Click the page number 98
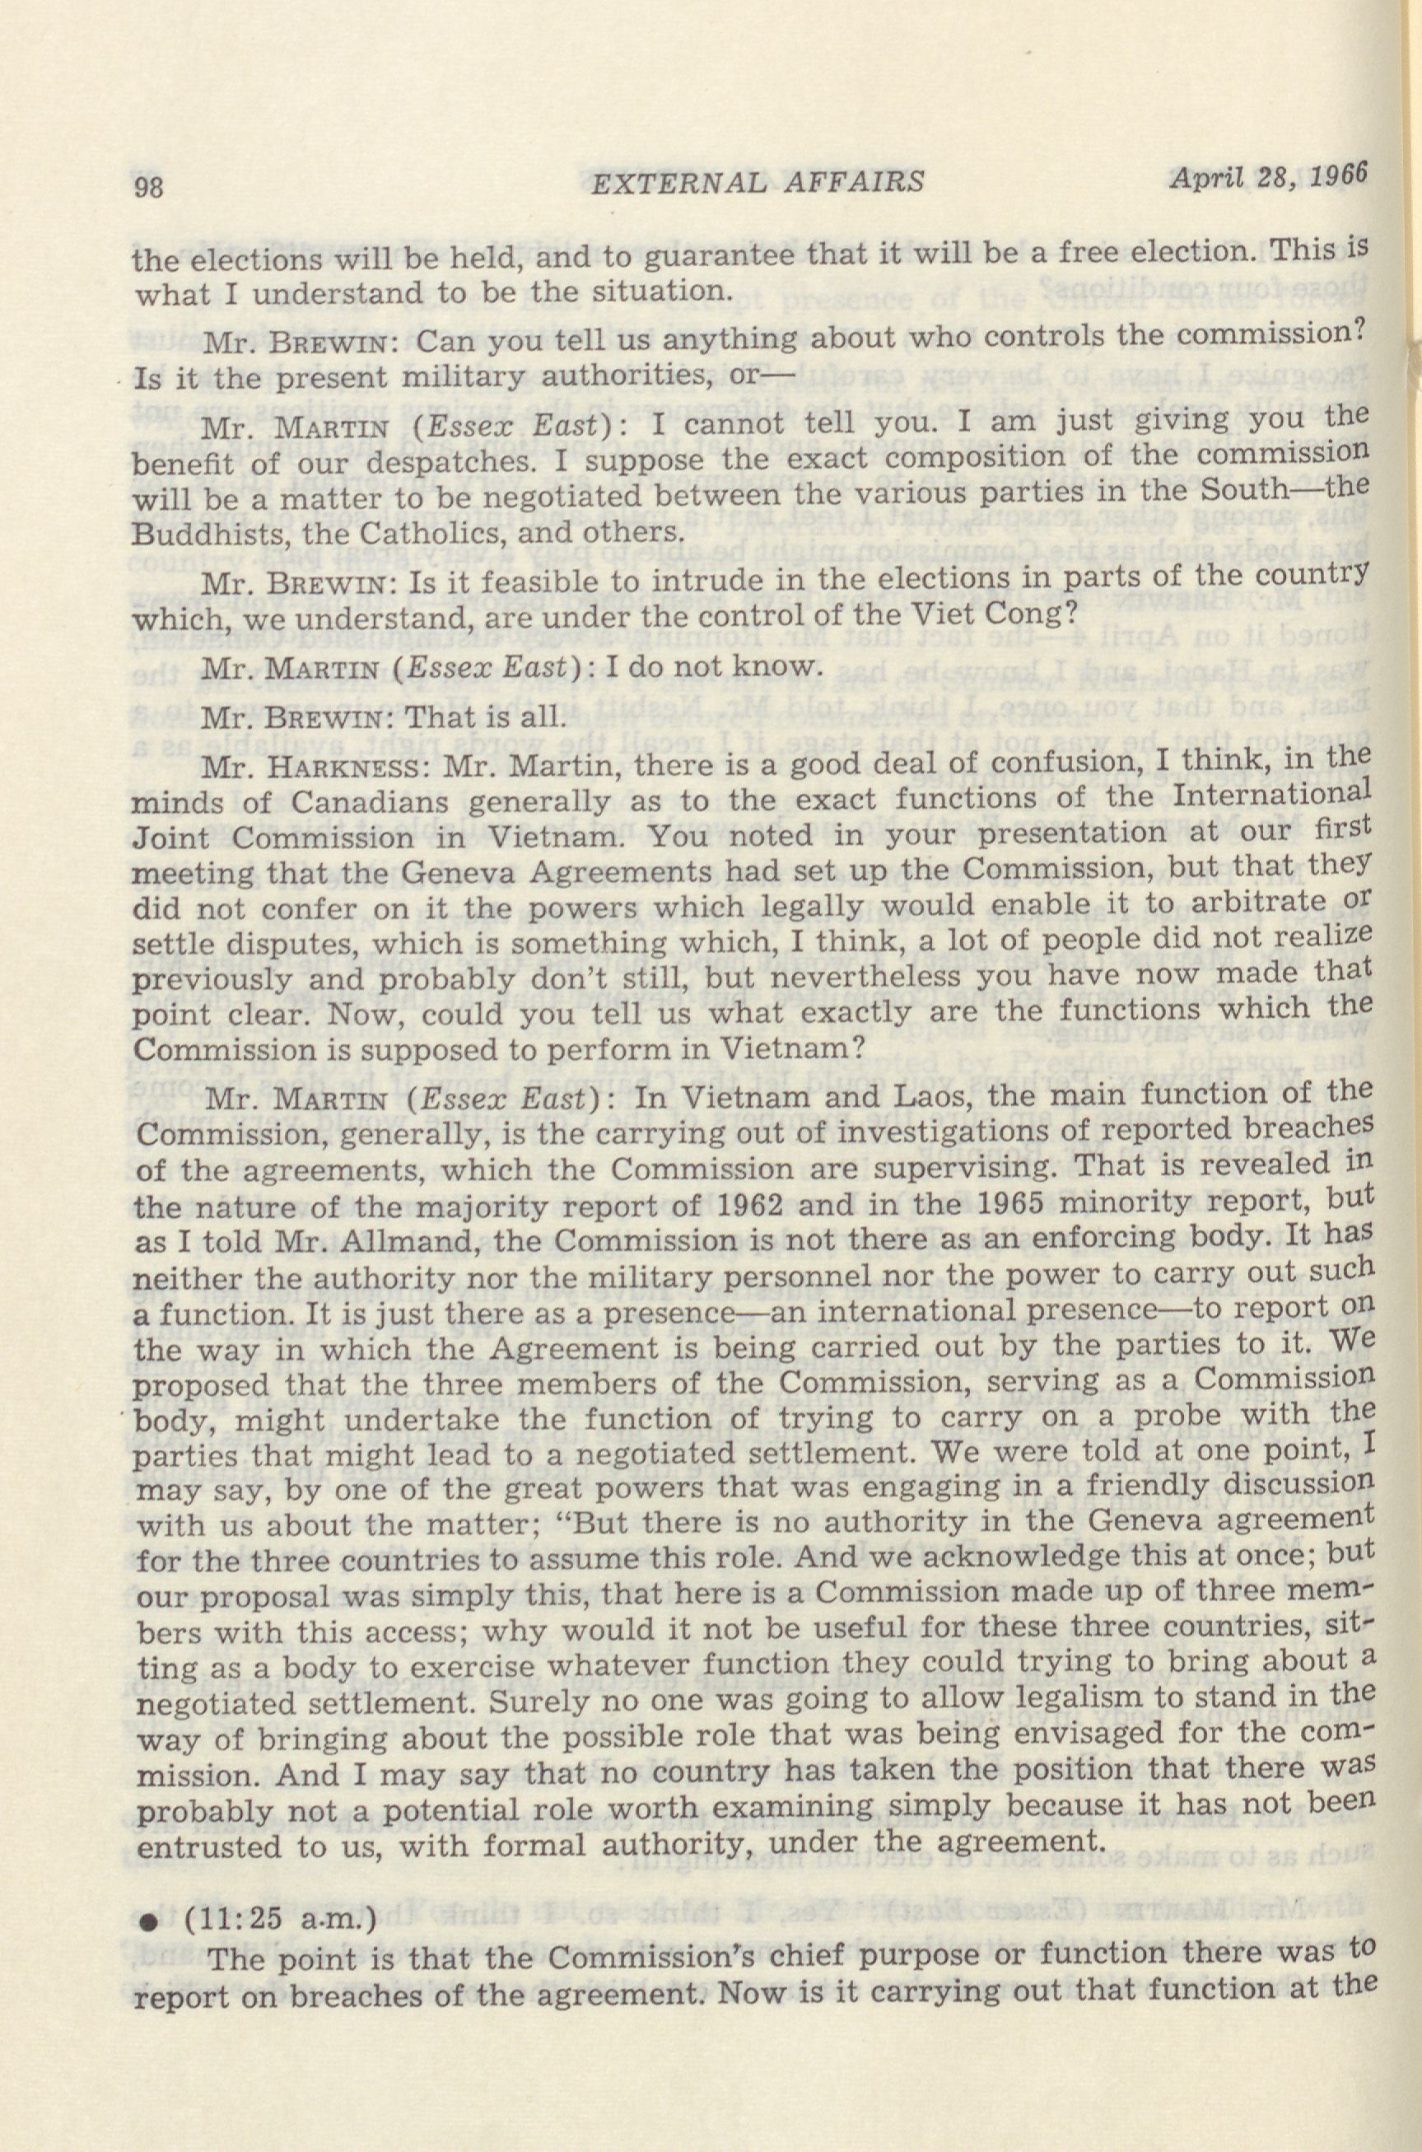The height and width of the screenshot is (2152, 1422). pyautogui.click(x=148, y=187)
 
